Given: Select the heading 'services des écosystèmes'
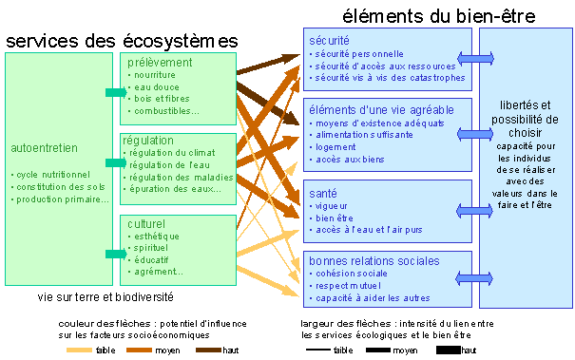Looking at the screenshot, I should click(122, 41).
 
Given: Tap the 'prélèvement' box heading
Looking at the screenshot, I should click(160, 62).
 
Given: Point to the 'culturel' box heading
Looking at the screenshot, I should click(146, 223).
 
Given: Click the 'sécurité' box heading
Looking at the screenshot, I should click(329, 41).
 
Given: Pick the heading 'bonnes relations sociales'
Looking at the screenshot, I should click(373, 260).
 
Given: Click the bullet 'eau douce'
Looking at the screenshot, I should click(157, 86).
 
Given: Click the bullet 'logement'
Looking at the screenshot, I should click(338, 147).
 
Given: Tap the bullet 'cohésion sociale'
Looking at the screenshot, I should click(355, 274).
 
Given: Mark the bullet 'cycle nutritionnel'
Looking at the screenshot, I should click(51, 175).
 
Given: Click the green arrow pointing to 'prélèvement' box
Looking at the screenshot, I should click(114, 92).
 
